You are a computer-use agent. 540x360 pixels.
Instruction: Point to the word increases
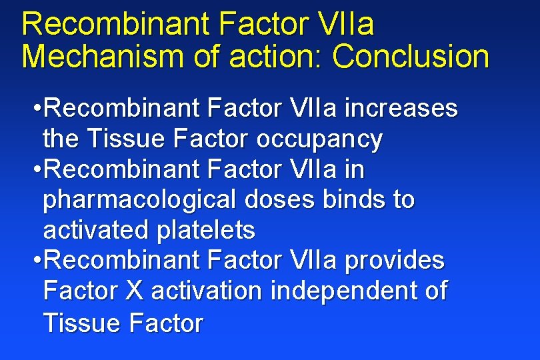coord(405,109)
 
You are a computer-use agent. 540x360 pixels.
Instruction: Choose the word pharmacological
coord(138,200)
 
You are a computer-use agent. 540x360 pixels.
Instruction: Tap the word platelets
coord(205,231)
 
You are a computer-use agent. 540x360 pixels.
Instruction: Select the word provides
coord(394,261)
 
